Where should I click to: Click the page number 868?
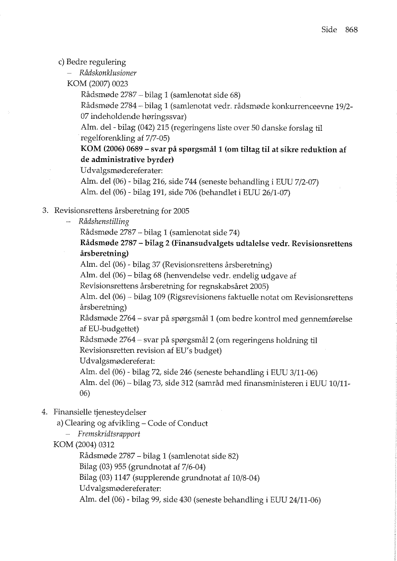pyautogui.click(x=351, y=29)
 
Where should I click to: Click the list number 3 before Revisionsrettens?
pyautogui.click(x=44, y=210)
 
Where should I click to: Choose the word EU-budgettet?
pyautogui.click(x=114, y=329)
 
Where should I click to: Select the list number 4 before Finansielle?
pyautogui.click(x=44, y=412)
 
